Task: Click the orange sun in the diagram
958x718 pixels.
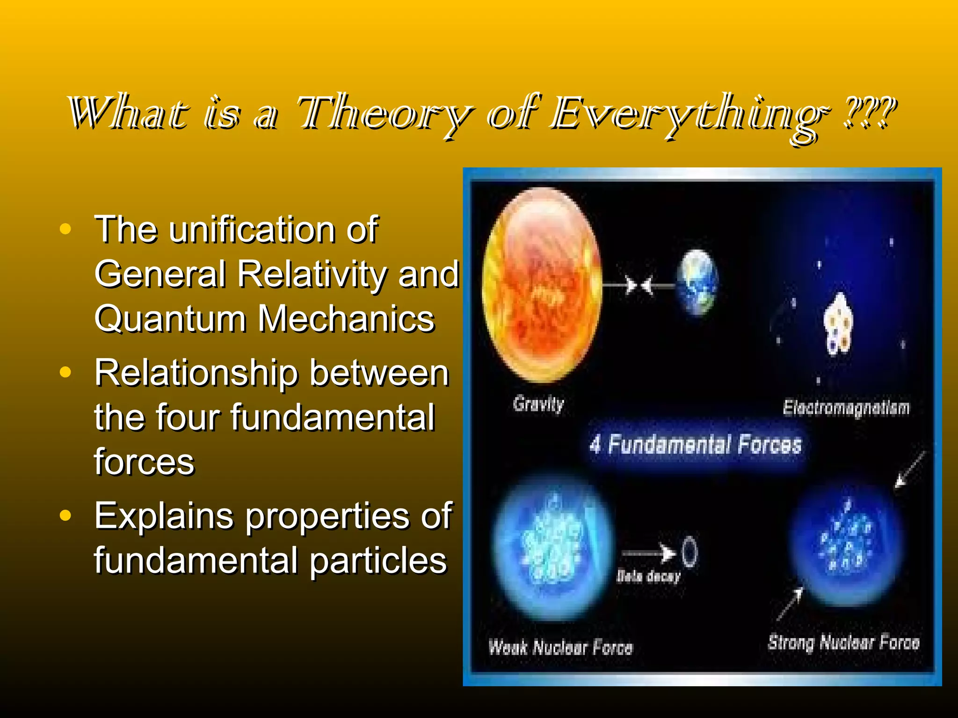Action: pos(542,285)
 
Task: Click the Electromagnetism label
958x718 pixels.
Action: pos(846,408)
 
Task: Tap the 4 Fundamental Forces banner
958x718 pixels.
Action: pos(695,445)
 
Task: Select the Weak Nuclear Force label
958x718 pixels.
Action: pos(560,647)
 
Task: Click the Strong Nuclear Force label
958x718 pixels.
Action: pos(843,643)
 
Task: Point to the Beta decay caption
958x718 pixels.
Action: pos(648,576)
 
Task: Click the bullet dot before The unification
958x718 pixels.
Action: pos(65,229)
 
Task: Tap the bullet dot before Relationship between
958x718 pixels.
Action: pos(65,373)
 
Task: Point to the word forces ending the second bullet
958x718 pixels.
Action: pos(144,462)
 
